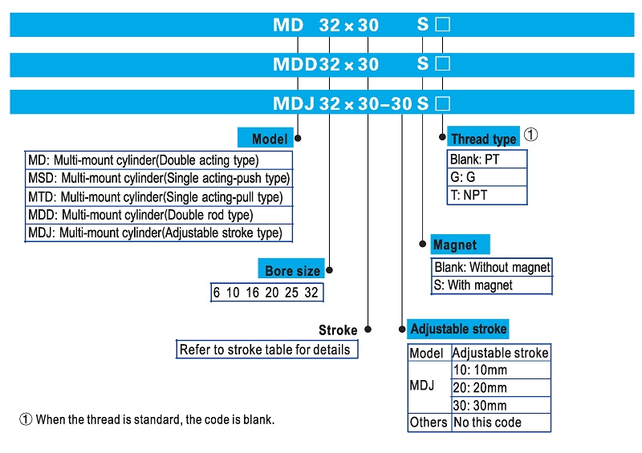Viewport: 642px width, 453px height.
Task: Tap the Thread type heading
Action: [482, 139]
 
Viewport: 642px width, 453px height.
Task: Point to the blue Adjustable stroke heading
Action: [458, 329]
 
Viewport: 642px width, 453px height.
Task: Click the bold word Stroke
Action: [338, 330]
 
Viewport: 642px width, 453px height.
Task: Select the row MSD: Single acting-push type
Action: [159, 178]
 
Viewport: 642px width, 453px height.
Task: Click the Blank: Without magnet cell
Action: [491, 268]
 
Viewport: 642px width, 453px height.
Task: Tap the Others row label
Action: [429, 423]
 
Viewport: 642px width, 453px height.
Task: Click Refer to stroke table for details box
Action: [265, 350]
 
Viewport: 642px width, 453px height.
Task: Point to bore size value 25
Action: [291, 293]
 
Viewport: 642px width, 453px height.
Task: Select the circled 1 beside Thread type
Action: [530, 135]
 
